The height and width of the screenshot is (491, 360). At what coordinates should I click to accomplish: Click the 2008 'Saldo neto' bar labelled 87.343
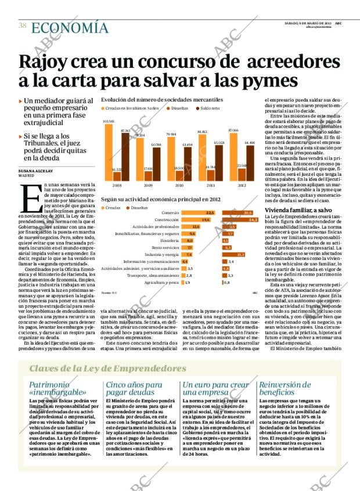pyautogui.click(x=125, y=157)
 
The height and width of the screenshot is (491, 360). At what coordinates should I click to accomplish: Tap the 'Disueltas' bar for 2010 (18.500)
pyautogui.click(x=179, y=176)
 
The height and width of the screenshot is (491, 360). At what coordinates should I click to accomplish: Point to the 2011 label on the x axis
pyautogui.click(x=210, y=186)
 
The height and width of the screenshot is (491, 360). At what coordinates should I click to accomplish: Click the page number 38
pyautogui.click(x=22, y=26)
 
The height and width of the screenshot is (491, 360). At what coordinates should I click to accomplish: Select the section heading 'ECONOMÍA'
pyautogui.click(x=69, y=27)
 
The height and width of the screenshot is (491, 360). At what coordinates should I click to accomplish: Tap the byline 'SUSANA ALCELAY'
pyautogui.click(x=36, y=171)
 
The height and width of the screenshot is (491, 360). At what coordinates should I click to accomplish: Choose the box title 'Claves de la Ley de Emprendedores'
pyautogui.click(x=107, y=369)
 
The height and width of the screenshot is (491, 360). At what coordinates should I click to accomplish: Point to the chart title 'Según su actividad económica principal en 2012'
pyautogui.click(x=160, y=198)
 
